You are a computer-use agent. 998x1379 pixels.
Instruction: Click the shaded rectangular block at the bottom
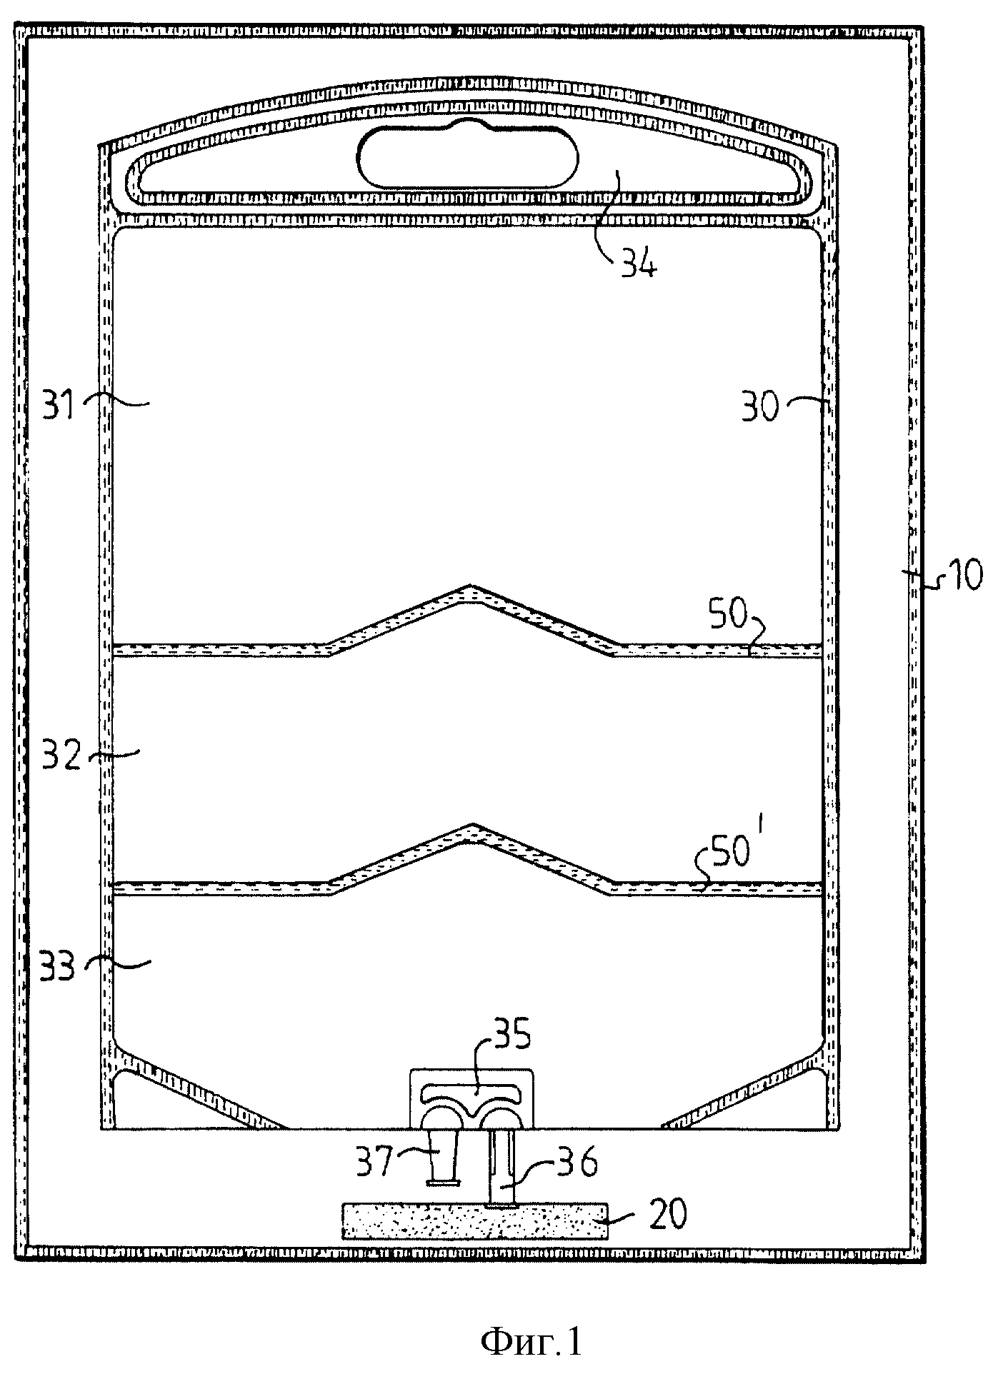pos(476,1222)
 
